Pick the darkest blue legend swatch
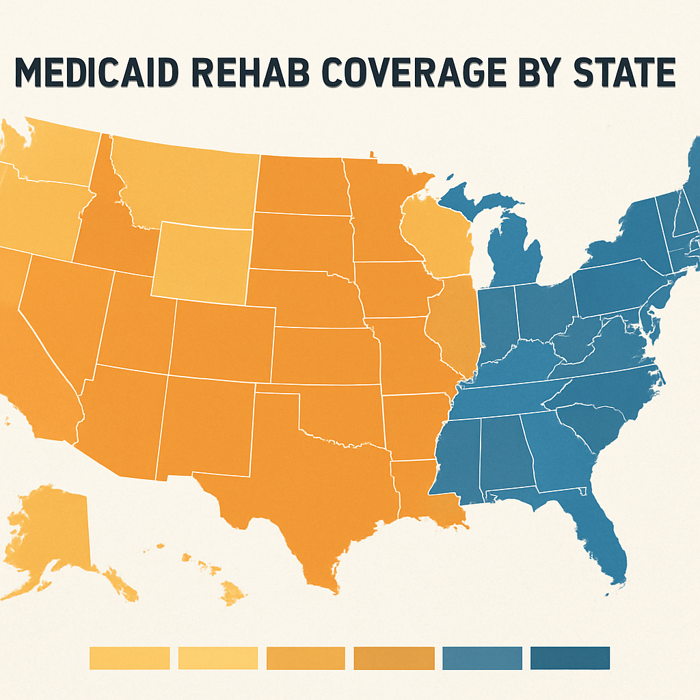click(x=569, y=658)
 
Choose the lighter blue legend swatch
click(x=482, y=658)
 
